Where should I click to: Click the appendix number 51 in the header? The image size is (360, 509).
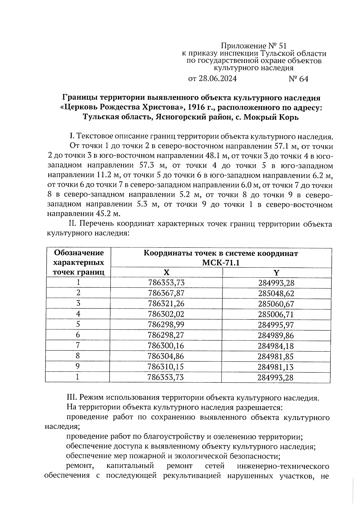[x=283, y=46]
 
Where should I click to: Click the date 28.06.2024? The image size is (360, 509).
[x=212, y=79]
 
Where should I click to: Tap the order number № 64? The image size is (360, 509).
[x=298, y=79]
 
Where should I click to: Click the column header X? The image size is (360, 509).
[x=166, y=272]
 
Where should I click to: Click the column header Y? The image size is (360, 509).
[x=276, y=272]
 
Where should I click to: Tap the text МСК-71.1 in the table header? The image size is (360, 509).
[x=220, y=263]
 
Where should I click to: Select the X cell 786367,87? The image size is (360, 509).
[x=166, y=293]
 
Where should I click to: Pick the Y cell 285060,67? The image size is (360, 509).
[x=276, y=304]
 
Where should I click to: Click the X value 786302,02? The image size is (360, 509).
[x=166, y=314]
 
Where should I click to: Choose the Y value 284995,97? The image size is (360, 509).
[x=276, y=325]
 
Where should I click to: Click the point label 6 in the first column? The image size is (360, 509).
[x=78, y=335]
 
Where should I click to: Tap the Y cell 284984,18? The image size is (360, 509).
[x=276, y=346]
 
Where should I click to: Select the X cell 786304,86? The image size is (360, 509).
[x=166, y=356]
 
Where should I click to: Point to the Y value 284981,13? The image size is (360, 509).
[x=276, y=367]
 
